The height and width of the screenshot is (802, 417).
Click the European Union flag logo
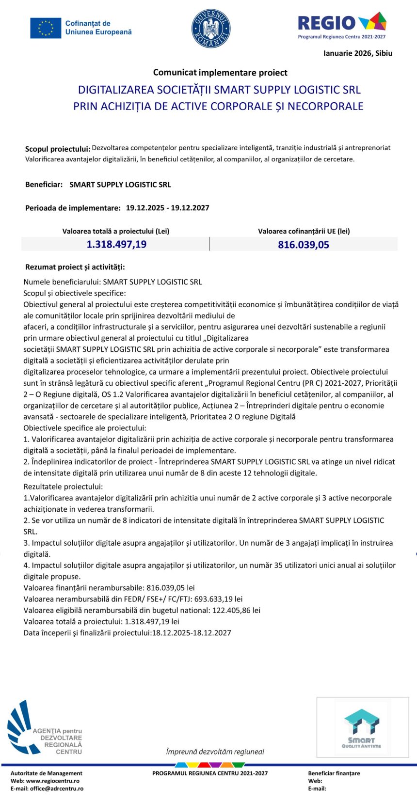[x=46, y=28]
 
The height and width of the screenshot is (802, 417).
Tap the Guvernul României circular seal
[x=211, y=28]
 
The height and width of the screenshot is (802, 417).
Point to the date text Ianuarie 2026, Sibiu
[x=358, y=53]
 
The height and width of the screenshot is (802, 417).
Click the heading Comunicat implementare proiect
[x=220, y=73]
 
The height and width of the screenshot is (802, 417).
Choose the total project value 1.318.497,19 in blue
[x=116, y=244]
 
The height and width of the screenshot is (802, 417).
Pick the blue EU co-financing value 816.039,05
[x=304, y=245]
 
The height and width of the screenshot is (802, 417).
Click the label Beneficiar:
[x=44, y=185]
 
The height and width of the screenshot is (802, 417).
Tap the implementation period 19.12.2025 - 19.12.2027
[x=167, y=208]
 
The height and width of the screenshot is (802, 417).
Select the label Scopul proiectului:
[x=58, y=149]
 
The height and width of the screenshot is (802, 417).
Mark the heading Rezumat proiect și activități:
[x=75, y=267]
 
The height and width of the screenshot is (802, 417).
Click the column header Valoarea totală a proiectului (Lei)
[x=116, y=231]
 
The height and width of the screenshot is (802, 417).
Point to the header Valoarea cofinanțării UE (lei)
[x=304, y=231]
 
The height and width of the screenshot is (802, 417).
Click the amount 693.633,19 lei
[x=218, y=599]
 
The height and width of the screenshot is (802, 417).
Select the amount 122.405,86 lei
[x=236, y=610]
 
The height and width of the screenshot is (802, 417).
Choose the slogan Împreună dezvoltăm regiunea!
[x=215, y=752]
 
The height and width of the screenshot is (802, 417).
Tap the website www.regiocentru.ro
[x=53, y=781]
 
